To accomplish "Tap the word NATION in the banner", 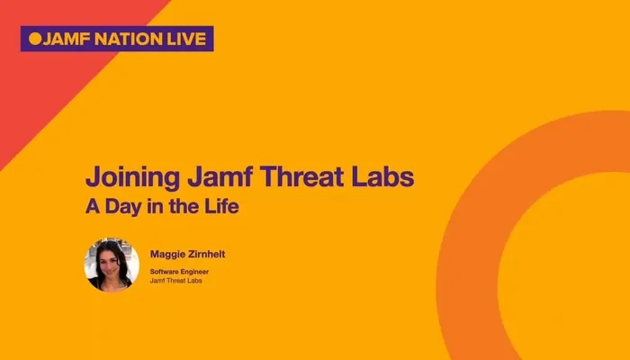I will (x=128, y=39).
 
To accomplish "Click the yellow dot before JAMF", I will (x=35, y=39).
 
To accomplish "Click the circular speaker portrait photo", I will (x=111, y=265).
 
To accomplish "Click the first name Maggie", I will (x=168, y=255).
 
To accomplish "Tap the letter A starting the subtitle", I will (x=92, y=206).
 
